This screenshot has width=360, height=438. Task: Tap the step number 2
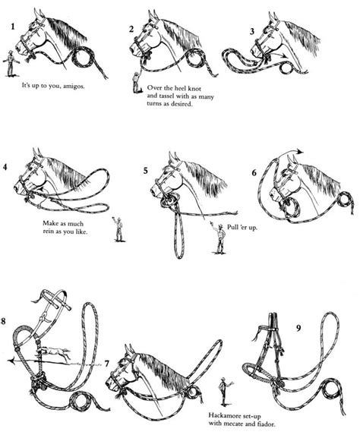click(x=131, y=30)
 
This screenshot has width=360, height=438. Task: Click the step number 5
click(x=145, y=170)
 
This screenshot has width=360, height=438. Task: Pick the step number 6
click(x=254, y=173)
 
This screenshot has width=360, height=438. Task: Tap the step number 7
click(x=108, y=364)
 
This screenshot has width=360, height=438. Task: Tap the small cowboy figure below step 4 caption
click(x=119, y=228)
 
